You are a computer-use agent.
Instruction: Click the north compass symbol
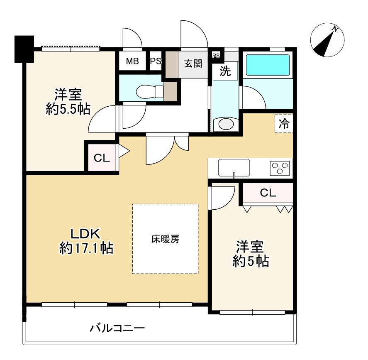click(x=327, y=41)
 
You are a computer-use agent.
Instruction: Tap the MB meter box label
click(x=132, y=61)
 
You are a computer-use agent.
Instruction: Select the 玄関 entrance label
click(x=193, y=64)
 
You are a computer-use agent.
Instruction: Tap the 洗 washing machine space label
click(x=225, y=71)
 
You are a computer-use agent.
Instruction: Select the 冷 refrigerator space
click(x=284, y=123)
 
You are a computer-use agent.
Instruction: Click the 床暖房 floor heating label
click(x=165, y=239)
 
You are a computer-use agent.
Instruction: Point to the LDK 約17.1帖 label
click(x=86, y=241)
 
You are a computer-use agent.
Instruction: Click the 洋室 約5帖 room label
click(x=251, y=254)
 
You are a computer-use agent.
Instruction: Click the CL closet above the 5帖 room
click(x=268, y=193)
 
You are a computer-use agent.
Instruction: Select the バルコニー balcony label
click(x=117, y=329)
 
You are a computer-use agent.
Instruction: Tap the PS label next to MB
click(x=156, y=61)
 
